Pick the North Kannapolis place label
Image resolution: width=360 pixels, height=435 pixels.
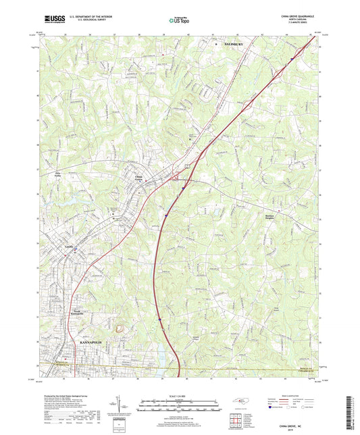78,312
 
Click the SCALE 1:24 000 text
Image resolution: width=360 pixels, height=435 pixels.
179,396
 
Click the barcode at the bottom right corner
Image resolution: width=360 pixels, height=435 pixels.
349,412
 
